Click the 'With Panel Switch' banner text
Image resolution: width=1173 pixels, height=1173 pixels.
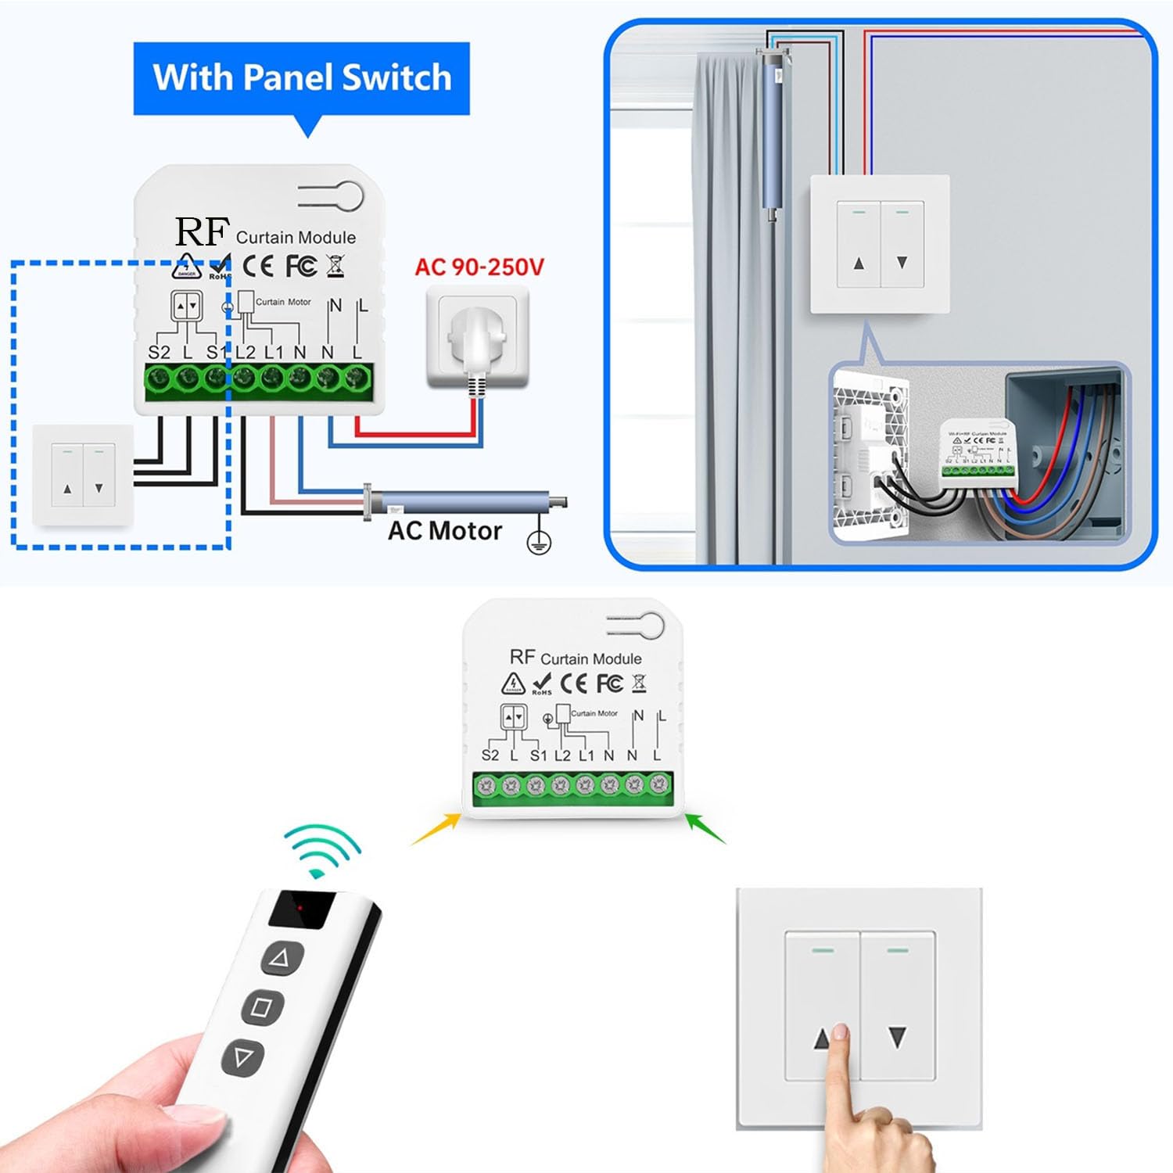[x=302, y=78]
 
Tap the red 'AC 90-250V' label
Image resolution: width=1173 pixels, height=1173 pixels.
[x=479, y=267]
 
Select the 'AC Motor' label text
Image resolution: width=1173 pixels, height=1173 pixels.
[x=444, y=531]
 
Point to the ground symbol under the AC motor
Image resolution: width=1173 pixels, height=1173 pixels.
[x=539, y=541]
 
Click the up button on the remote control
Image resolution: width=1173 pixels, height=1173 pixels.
[x=281, y=957]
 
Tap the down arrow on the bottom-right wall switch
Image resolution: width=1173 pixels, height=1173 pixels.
[x=897, y=1038]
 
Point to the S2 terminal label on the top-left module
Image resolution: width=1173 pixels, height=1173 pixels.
[x=159, y=353]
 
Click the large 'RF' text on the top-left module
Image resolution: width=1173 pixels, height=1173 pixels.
[x=202, y=232]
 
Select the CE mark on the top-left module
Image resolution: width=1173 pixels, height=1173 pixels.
[x=258, y=266]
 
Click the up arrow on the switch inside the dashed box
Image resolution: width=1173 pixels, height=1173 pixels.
[x=67, y=489]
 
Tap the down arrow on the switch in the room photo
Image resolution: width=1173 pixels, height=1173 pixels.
[x=902, y=263]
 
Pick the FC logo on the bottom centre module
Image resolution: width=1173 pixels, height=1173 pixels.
[x=610, y=683]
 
